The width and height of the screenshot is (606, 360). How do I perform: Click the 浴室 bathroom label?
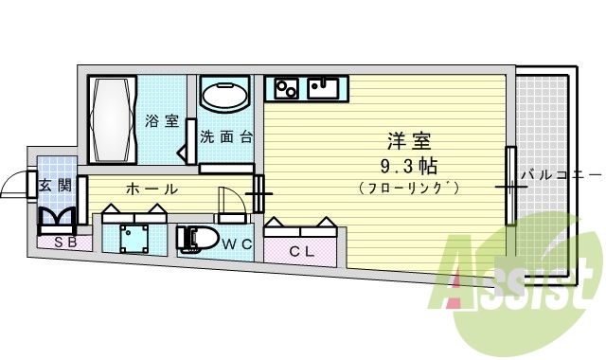pos(162,121)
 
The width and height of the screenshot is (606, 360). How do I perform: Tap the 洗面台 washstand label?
pos(226,135)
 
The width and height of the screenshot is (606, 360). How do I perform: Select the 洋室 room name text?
pos(409,143)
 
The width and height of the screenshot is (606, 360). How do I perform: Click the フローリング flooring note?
pos(409,189)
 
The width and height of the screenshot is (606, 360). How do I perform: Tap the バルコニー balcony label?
pos(560,174)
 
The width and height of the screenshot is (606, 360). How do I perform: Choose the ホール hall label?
pos(151,189)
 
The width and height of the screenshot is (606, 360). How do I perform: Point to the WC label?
pos(236,243)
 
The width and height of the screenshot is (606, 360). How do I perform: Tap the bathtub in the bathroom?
pos(113,119)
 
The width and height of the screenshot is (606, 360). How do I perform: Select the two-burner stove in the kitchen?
pos(287,89)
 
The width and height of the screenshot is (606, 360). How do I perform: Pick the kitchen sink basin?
pos(323,88)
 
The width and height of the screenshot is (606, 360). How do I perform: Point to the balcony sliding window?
pos(510,186)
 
